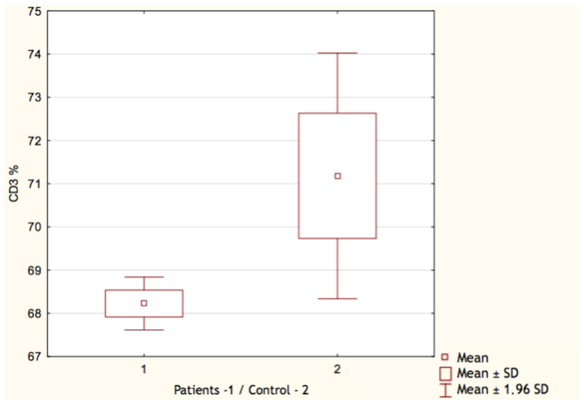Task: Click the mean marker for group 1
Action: click(x=144, y=303)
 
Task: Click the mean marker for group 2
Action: click(x=338, y=176)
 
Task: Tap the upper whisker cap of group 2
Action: click(x=338, y=53)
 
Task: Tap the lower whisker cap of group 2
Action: click(x=338, y=299)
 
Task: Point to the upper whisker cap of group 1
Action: click(x=144, y=277)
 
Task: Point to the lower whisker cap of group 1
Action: click(x=144, y=330)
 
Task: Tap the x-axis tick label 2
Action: click(x=337, y=370)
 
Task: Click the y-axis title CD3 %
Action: click(x=14, y=184)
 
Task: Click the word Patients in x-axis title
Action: click(x=197, y=390)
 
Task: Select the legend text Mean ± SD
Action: click(x=487, y=373)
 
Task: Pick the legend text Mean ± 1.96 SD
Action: click(x=502, y=389)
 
